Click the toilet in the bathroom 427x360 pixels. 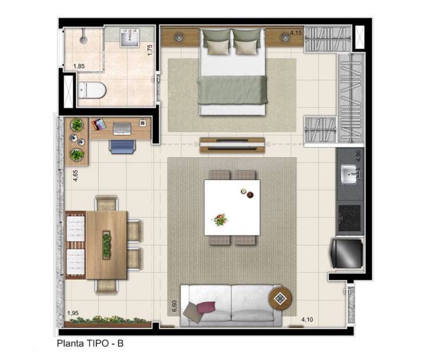point(92,90)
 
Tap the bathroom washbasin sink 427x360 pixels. point(130,37)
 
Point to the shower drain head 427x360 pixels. point(84,40)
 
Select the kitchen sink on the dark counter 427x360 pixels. point(350,174)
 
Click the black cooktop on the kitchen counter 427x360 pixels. point(349,218)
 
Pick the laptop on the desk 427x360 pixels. point(122,129)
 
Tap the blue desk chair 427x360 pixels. point(122,146)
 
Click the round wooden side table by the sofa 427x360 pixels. point(280,298)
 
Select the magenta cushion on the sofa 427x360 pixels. point(206,307)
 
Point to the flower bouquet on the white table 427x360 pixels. point(220,220)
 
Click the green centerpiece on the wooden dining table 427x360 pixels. point(107,245)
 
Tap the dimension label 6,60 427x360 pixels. point(174,306)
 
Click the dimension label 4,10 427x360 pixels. point(307,319)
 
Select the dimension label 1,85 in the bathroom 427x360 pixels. point(79,66)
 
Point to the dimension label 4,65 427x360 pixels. point(75,176)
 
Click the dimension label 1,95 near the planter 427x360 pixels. point(73,313)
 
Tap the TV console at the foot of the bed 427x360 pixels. point(232,145)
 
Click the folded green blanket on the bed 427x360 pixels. point(232,90)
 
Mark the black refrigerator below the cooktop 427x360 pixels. point(347,253)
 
